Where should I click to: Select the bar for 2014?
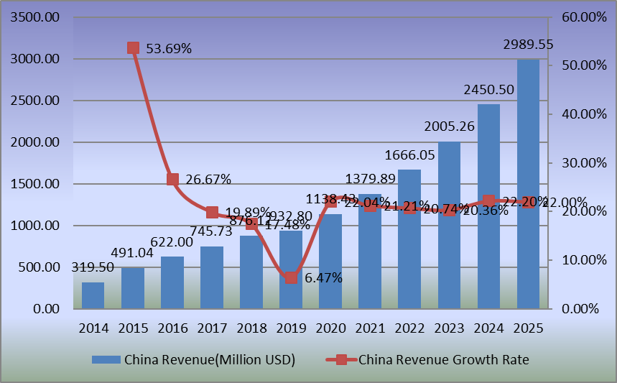click(93, 295)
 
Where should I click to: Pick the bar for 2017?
click(212, 277)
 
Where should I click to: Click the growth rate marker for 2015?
click(133, 48)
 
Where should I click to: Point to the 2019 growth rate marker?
click(291, 277)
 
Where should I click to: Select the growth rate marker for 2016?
click(172, 180)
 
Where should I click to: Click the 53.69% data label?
click(169, 49)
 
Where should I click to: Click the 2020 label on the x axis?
click(330, 328)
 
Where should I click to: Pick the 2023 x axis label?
click(449, 328)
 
